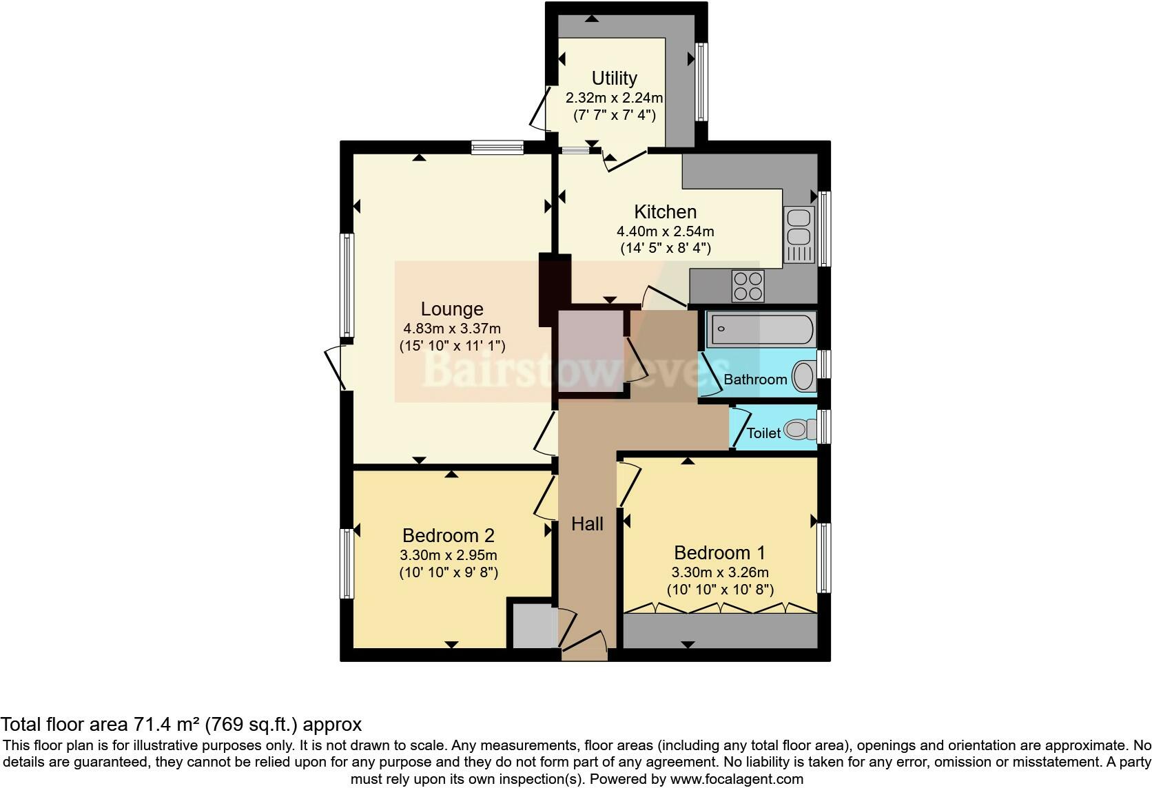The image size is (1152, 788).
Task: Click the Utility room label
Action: (x=614, y=78)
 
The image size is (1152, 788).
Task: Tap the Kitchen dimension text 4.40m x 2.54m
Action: (x=665, y=231)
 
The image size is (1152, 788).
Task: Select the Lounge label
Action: (x=452, y=309)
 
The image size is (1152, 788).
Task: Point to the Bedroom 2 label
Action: (x=449, y=535)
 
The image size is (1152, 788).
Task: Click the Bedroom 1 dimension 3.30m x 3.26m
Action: (x=720, y=572)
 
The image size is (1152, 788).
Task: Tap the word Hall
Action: (x=587, y=524)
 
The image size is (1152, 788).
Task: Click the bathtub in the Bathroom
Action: (x=761, y=330)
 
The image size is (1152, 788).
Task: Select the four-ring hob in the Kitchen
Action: (x=748, y=286)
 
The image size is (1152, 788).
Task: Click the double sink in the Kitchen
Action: (x=799, y=227)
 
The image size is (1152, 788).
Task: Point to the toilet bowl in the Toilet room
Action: (x=797, y=431)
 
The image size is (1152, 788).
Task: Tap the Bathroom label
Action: (x=755, y=380)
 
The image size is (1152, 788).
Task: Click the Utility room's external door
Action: (x=537, y=109)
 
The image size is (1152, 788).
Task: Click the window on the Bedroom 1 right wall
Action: (x=823, y=558)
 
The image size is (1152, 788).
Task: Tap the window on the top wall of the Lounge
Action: (x=497, y=147)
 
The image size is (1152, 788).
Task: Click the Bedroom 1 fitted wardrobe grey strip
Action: (x=719, y=631)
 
